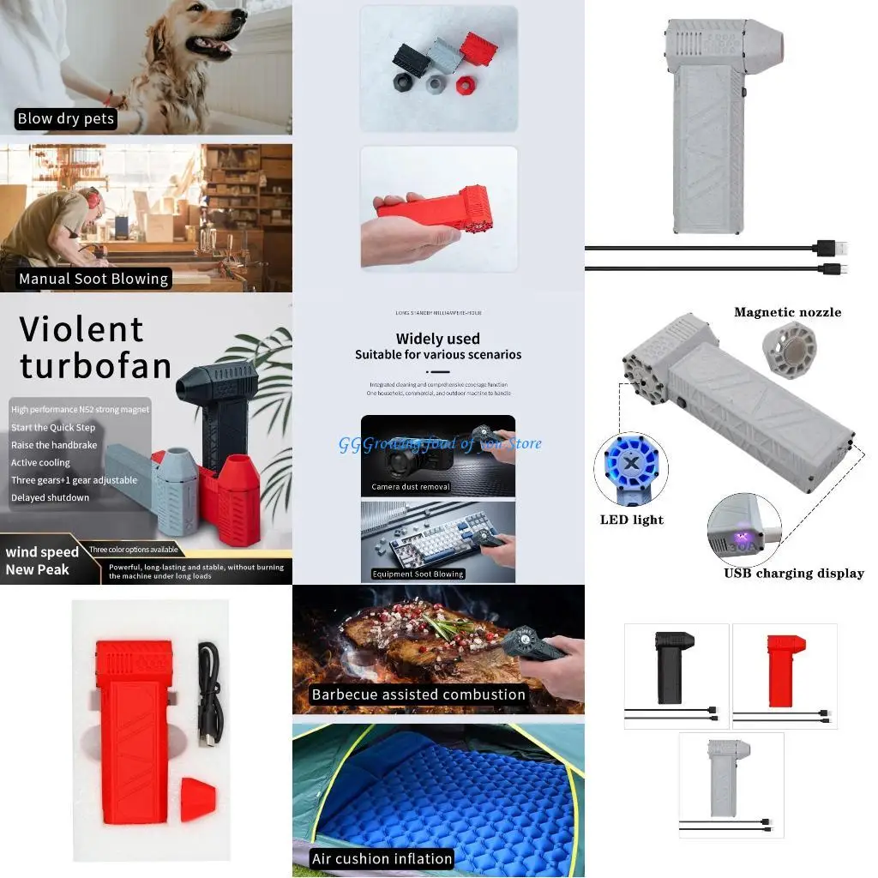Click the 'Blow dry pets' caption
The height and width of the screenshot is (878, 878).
[x=66, y=119]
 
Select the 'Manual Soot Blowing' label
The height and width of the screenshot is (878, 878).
[x=93, y=279]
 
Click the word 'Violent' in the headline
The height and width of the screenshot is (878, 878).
[x=81, y=329]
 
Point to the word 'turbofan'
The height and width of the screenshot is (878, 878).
[x=95, y=366]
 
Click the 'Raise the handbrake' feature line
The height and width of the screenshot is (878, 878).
[x=54, y=445]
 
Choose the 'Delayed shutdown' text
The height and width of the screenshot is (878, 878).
[x=50, y=497]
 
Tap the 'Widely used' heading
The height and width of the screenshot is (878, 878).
[x=437, y=339]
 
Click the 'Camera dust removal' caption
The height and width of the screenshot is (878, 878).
[x=411, y=487]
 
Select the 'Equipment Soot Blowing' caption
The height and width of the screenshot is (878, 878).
[x=418, y=574]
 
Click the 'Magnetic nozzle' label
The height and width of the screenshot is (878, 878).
[x=787, y=312]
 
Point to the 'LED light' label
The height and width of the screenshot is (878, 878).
[x=632, y=520]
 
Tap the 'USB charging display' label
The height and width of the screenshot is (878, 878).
[x=793, y=574]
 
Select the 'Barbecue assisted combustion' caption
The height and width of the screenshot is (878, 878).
[x=418, y=695]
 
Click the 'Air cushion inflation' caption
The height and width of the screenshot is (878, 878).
[x=382, y=858]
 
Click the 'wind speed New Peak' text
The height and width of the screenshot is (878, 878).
[x=42, y=561]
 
